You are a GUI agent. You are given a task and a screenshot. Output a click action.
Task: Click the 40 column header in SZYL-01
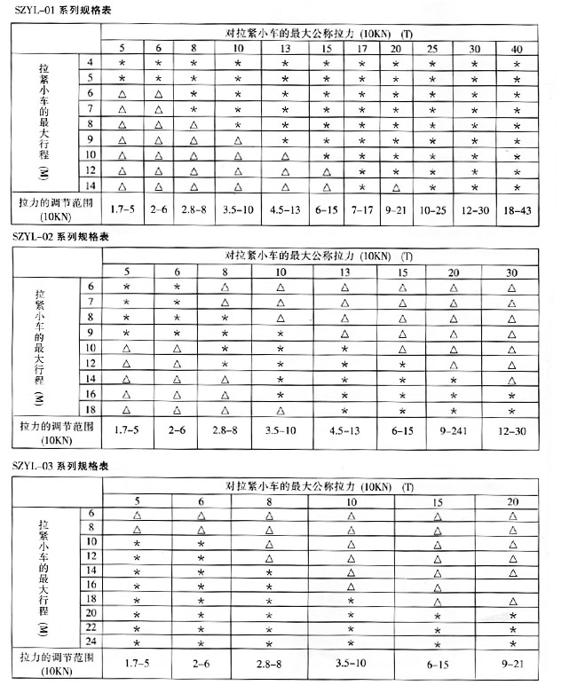coord(517,47)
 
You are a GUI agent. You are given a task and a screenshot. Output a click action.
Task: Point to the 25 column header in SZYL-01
coord(432,47)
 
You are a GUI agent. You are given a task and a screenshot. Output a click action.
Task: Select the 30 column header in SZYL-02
coord(512,272)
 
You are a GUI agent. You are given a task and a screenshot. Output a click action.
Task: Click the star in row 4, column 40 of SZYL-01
coord(517,63)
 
